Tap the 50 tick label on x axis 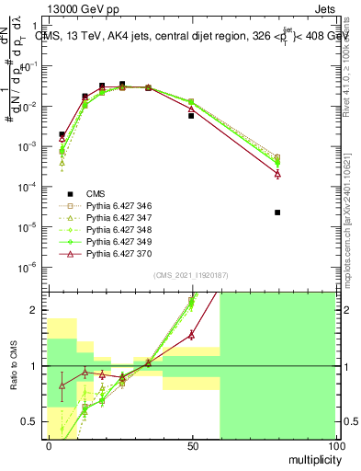click(x=191, y=445)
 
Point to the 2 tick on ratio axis click(x=37, y=310)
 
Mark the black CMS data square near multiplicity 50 click(x=191, y=116)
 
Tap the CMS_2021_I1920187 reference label click(x=190, y=275)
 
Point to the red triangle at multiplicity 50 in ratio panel click(x=191, y=335)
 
